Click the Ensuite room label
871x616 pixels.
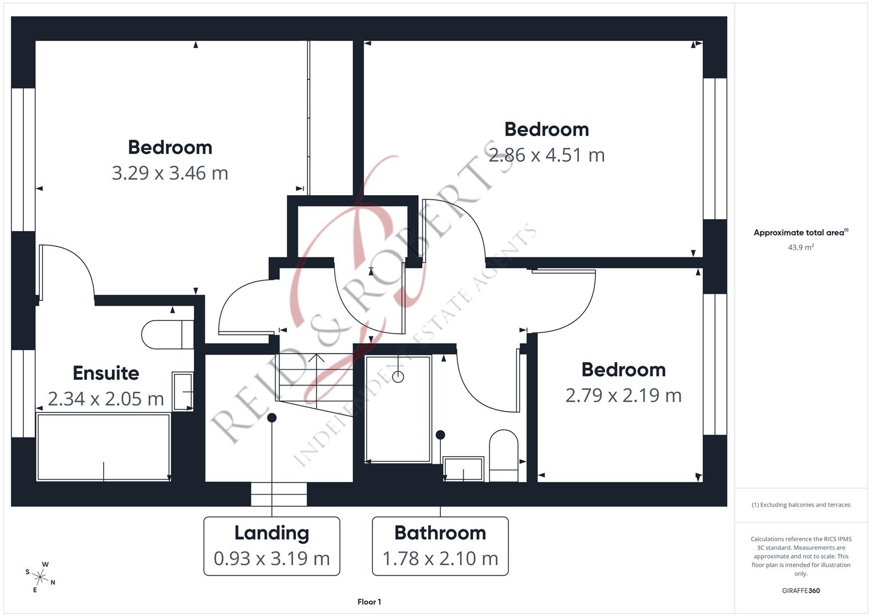click(106, 373)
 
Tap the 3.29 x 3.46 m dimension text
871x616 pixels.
click(170, 173)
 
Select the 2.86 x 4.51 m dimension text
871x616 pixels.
click(546, 155)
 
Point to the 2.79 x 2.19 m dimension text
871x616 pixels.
click(623, 395)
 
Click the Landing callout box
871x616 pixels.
click(272, 546)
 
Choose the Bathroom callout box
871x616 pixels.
click(440, 546)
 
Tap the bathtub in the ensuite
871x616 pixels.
click(103, 447)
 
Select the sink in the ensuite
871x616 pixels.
click(183, 391)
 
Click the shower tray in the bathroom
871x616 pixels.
click(398, 408)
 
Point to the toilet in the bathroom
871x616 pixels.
click(504, 455)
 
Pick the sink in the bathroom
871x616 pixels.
click(463, 469)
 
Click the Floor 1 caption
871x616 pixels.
click(369, 602)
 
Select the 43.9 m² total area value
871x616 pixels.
click(800, 248)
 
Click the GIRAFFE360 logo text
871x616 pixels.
click(801, 591)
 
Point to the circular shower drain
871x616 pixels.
click(398, 376)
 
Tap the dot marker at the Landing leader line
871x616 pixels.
click(272, 418)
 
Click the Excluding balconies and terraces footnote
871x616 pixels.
click(801, 505)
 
